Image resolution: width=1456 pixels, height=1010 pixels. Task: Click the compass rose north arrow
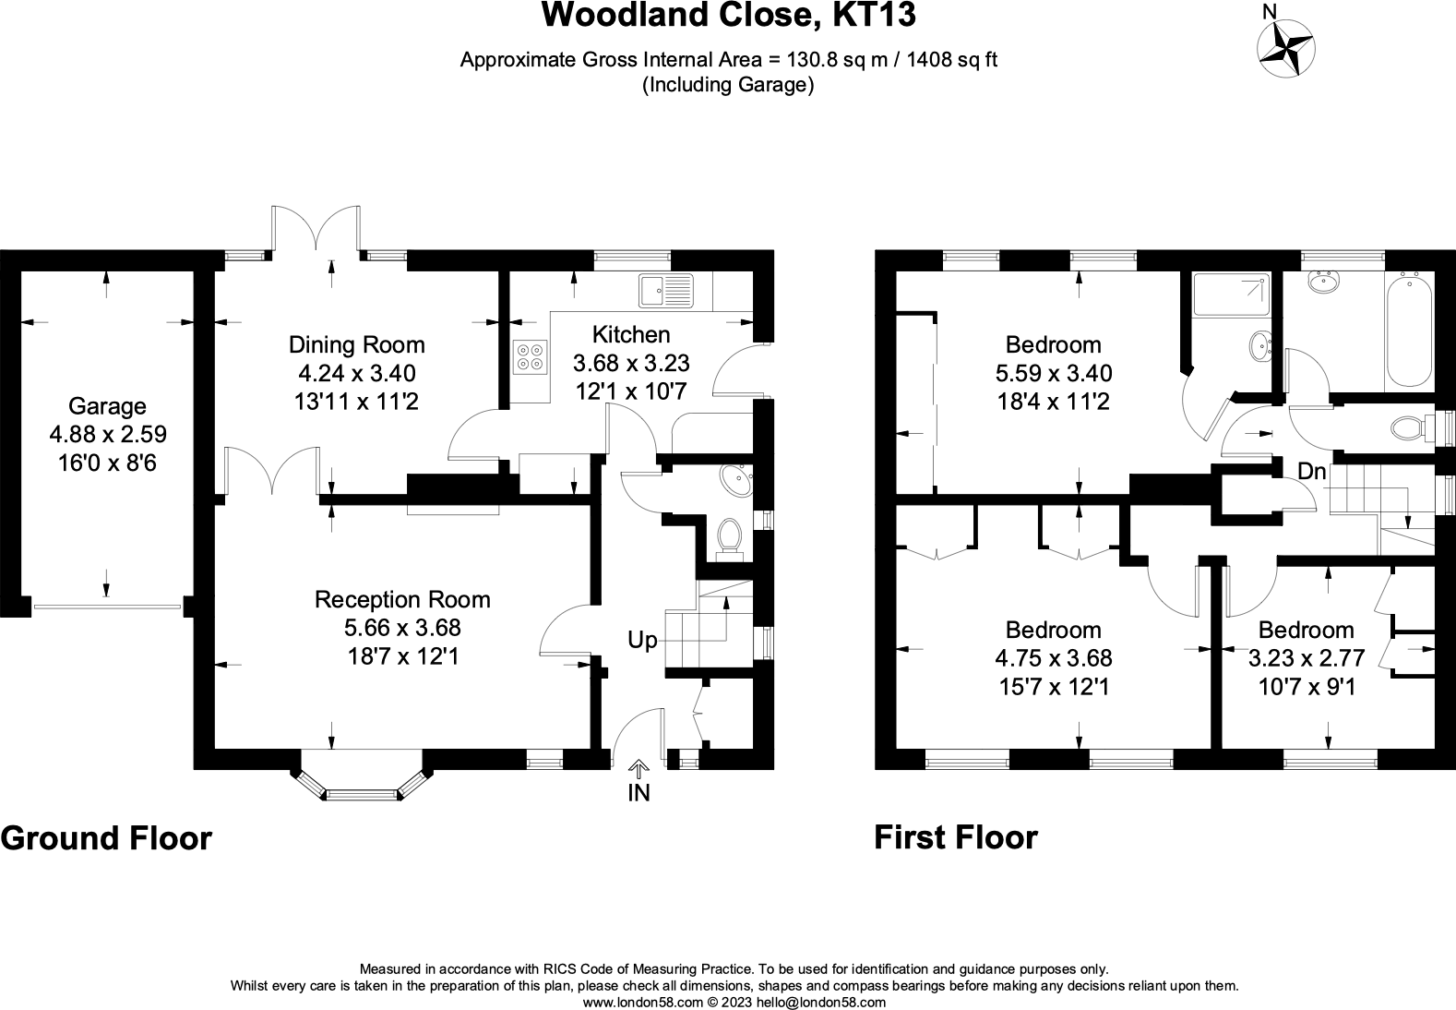pos(1286,44)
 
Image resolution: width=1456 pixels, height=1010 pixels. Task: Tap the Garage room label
pos(108,406)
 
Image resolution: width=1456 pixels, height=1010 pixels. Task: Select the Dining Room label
pos(357,345)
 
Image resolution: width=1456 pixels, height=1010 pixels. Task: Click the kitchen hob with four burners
pos(531,357)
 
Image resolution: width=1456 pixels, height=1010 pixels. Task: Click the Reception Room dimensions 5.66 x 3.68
pos(402,628)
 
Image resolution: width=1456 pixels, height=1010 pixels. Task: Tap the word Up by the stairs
pos(642,640)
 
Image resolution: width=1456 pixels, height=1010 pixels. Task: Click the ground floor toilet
pos(730,536)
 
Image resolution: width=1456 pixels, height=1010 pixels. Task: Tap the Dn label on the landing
pos(1311,472)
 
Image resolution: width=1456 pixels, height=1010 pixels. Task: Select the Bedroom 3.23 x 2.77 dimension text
pos(1306,658)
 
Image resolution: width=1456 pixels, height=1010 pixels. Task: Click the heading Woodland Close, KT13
pos(728,16)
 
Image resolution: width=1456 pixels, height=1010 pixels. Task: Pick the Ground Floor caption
pos(106,838)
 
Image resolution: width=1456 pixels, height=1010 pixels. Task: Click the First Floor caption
pos(955,837)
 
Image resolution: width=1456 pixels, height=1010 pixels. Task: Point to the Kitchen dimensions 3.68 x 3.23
pos(631,363)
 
